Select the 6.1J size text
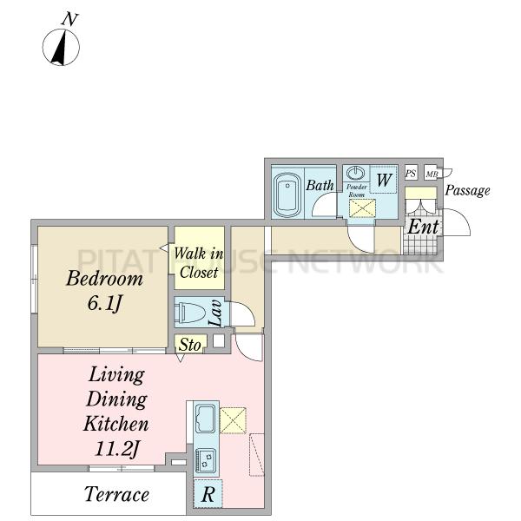(x=104, y=305)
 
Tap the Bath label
(x=320, y=185)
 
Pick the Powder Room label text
(x=356, y=191)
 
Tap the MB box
(x=431, y=174)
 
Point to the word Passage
(x=467, y=191)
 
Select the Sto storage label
(x=189, y=346)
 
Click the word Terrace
(x=116, y=495)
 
